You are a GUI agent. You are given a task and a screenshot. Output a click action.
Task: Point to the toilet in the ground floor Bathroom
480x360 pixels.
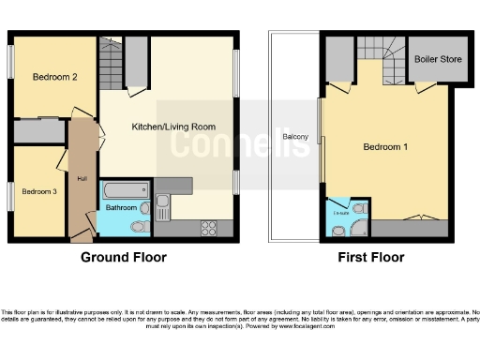coord(140,225)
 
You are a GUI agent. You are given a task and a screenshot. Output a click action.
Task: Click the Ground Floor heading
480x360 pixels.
coord(124,257)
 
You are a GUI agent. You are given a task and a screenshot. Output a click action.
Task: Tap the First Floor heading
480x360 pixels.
coord(373,257)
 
